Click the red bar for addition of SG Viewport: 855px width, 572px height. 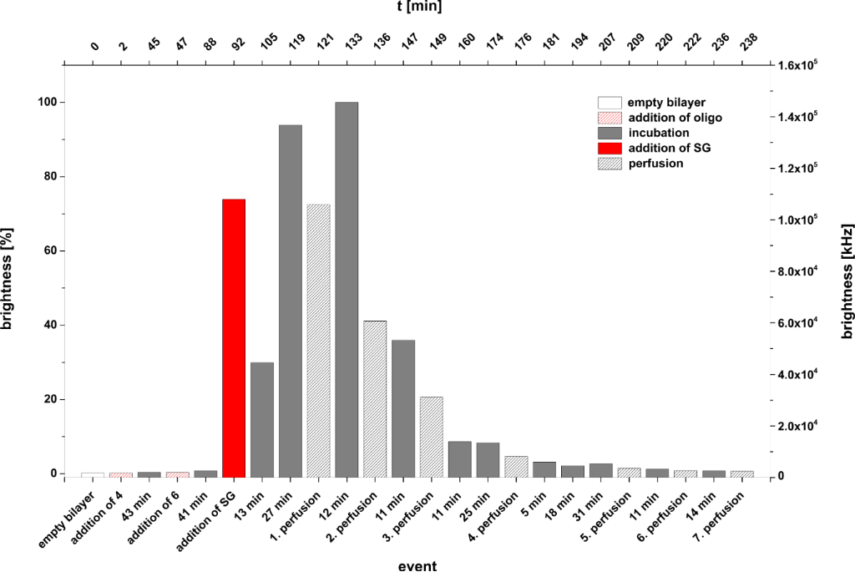click(233, 337)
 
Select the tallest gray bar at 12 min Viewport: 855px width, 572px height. click(346, 289)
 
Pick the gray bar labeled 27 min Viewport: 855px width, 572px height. click(290, 301)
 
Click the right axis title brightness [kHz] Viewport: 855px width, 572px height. click(846, 271)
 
